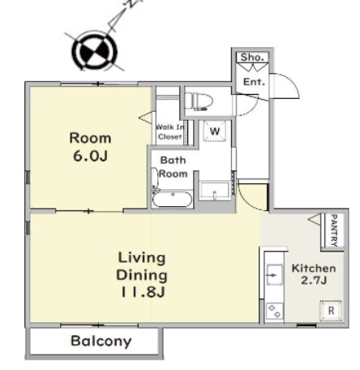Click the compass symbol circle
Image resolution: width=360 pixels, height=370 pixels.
pyautogui.click(x=95, y=51)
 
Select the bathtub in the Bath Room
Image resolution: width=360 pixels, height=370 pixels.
pyautogui.click(x=172, y=200)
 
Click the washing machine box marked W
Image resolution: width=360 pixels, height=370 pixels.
pyautogui.click(x=215, y=131)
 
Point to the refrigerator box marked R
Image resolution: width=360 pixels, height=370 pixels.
pyautogui.click(x=331, y=310)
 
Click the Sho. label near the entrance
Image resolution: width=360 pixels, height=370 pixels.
pyautogui.click(x=252, y=58)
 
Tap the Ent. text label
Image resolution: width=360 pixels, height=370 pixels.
pyautogui.click(x=254, y=82)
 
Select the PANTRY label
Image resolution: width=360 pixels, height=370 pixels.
pyautogui.click(x=335, y=230)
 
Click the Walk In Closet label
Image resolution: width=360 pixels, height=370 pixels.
pyautogui.click(x=170, y=131)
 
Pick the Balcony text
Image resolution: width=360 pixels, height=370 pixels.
pyautogui.click(x=101, y=342)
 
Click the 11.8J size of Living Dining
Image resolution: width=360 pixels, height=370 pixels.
pyautogui.click(x=143, y=292)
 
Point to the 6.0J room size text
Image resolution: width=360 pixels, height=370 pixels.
pyautogui.click(x=91, y=156)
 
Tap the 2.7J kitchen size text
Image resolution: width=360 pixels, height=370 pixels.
pyautogui.click(x=314, y=281)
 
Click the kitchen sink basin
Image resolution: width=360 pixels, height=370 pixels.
pyautogui.click(x=275, y=274)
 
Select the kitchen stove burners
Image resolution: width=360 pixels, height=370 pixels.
pyautogui.click(x=274, y=311)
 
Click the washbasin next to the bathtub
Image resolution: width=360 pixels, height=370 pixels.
pyautogui.click(x=215, y=191)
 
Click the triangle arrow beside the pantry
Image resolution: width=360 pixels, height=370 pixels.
pyautogui.click(x=315, y=219)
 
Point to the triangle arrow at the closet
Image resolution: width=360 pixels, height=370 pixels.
pyautogui.click(x=146, y=118)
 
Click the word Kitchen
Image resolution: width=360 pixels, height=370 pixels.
pyautogui.click(x=314, y=269)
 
